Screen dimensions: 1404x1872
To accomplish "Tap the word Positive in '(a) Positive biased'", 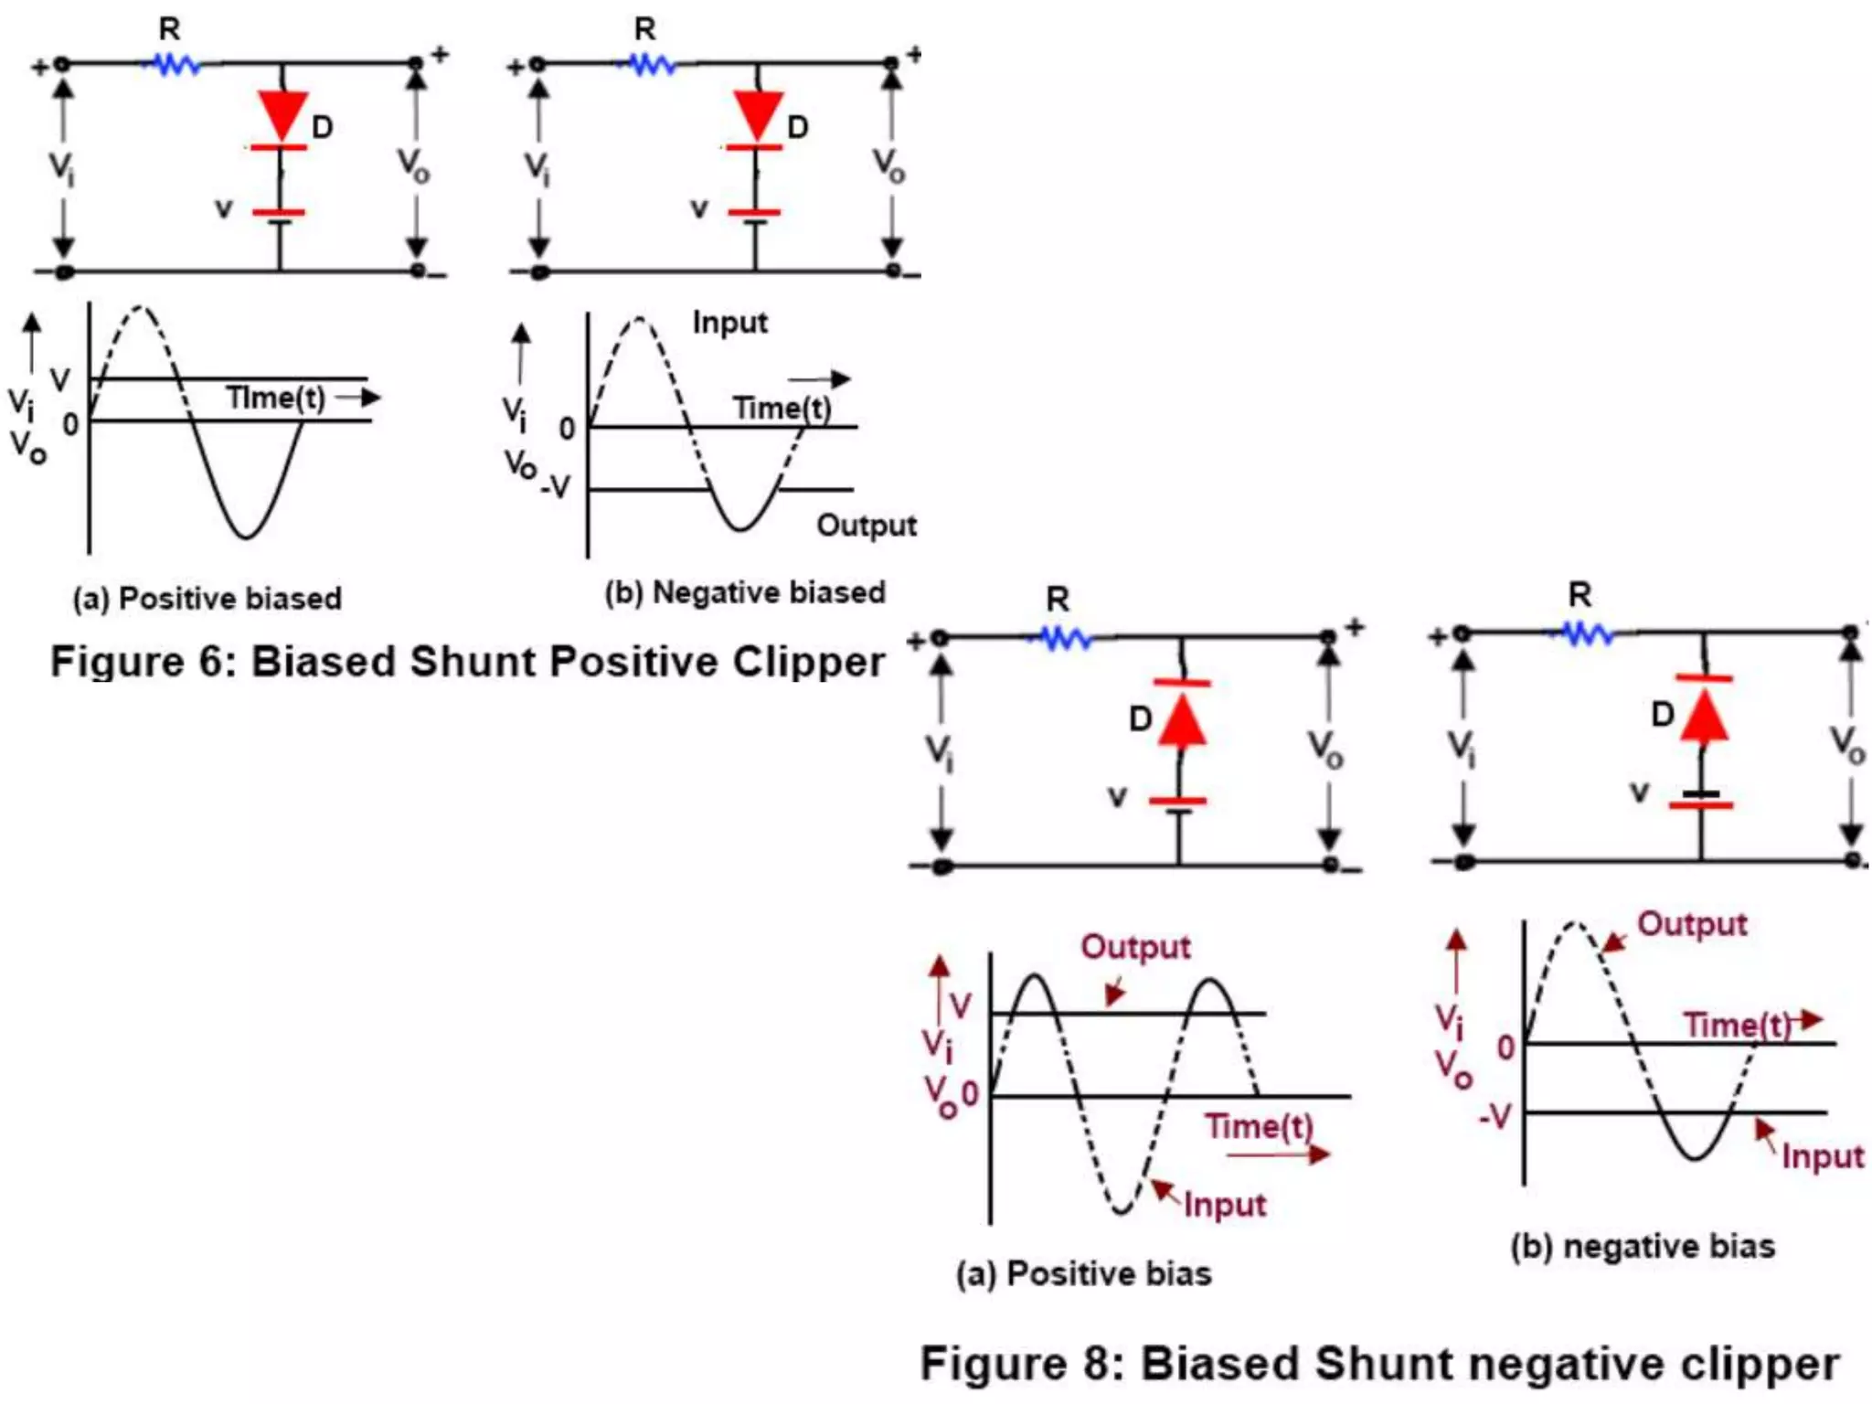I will (175, 599).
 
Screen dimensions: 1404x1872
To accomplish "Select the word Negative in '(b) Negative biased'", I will (708, 592).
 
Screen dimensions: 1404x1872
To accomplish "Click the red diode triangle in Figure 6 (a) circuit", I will (282, 113).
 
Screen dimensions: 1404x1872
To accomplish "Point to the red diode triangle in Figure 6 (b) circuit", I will (758, 113).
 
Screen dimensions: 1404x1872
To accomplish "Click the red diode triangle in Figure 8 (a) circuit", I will (1182, 722).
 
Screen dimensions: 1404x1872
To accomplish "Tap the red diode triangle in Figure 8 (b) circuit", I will (1704, 718).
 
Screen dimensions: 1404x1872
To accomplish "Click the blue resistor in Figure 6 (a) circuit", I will (174, 65).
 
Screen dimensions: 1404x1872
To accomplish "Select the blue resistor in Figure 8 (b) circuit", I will (1586, 633).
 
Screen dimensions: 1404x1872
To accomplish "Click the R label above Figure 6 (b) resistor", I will (645, 29).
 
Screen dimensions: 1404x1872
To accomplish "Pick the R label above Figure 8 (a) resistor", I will (1058, 600).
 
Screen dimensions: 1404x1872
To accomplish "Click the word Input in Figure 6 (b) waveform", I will (729, 323).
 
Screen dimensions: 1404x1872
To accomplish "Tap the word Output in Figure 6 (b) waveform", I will (866, 526).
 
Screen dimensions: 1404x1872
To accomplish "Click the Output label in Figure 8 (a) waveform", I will (1135, 947).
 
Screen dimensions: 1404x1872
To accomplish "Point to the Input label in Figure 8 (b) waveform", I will (1822, 1157).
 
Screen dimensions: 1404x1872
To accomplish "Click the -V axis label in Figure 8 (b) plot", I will (1495, 1116).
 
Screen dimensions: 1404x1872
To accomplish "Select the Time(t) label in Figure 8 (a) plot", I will (1258, 1126).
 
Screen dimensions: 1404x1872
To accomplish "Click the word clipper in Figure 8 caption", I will (1759, 1364).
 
